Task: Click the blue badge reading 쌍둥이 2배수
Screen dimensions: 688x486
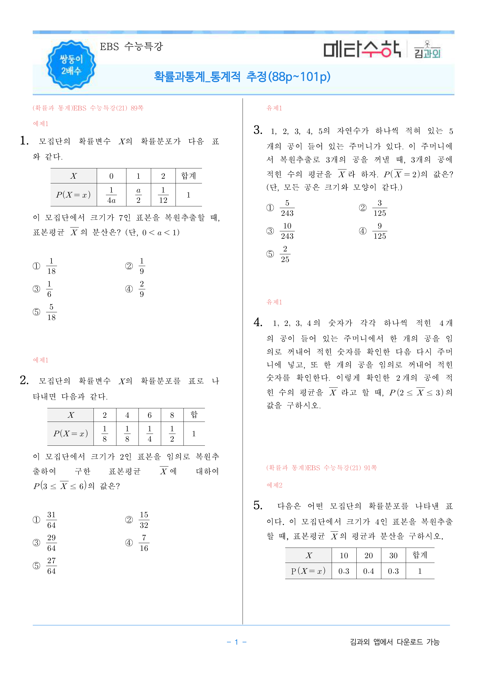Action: point(71,65)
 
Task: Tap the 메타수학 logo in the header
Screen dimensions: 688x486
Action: point(362,49)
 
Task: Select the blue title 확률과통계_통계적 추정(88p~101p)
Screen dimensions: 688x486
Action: point(242,77)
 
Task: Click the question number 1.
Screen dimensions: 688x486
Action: point(24,140)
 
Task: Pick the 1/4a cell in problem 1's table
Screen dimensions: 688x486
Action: point(111,195)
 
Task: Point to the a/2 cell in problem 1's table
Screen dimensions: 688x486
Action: point(138,195)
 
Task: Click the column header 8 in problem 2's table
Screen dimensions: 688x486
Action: point(172,415)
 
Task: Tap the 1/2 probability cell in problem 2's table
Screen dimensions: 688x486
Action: point(172,434)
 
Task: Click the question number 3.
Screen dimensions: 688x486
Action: point(258,130)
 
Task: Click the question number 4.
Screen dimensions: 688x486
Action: point(258,322)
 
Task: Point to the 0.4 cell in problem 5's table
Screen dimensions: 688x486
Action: point(368,571)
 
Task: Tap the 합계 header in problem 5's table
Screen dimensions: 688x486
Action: point(420,555)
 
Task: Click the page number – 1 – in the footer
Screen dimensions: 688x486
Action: point(236,642)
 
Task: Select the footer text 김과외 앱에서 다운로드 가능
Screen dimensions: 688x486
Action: point(395,642)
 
